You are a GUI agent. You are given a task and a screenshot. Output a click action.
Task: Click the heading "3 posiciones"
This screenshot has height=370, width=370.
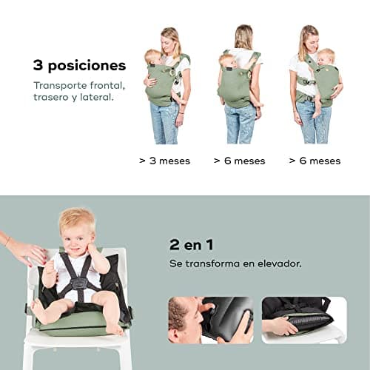(79, 66)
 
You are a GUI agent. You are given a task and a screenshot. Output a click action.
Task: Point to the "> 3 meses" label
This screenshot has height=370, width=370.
(164, 161)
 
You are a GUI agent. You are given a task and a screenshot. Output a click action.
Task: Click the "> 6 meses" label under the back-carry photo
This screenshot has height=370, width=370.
(239, 161)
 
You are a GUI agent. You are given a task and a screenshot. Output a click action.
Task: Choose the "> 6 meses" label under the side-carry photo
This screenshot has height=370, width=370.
(314, 161)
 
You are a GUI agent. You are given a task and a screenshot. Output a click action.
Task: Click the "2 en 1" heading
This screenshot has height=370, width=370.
(191, 245)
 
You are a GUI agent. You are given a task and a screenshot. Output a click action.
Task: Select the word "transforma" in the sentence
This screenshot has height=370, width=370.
(212, 263)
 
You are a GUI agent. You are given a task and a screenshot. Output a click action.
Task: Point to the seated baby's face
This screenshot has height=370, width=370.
(76, 239)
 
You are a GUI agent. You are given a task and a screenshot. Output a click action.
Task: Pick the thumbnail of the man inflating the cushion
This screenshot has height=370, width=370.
(211, 320)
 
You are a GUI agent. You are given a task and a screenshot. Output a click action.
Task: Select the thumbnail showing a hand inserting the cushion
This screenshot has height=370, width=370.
(304, 320)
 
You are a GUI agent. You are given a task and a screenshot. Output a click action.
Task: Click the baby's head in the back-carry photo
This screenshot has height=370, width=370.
(226, 61)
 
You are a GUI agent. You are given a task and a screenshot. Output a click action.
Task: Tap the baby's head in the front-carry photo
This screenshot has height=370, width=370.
(152, 57)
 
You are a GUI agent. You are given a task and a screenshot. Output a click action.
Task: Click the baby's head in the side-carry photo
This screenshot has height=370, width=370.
(326, 57)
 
